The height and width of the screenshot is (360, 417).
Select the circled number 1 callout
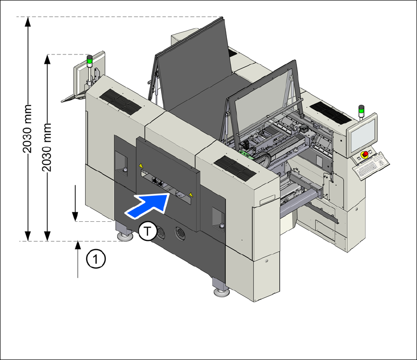(x=96, y=258)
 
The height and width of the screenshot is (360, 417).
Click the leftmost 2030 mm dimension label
(x=27, y=129)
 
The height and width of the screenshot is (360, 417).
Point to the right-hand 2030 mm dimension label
(x=47, y=147)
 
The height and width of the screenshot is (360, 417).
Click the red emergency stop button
(x=366, y=154)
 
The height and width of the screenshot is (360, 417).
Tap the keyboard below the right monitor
(x=371, y=165)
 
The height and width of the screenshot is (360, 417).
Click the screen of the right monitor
(x=363, y=135)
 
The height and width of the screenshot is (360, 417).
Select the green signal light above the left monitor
(x=90, y=63)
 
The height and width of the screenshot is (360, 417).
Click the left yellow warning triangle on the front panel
(x=141, y=165)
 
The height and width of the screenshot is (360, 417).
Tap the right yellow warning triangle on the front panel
(x=191, y=195)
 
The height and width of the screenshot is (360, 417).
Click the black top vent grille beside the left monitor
(x=120, y=102)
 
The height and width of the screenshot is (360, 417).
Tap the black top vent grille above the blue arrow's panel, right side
(x=235, y=169)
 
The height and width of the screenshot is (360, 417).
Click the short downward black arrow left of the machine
(x=75, y=203)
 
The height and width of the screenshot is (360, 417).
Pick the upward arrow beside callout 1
(x=77, y=259)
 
